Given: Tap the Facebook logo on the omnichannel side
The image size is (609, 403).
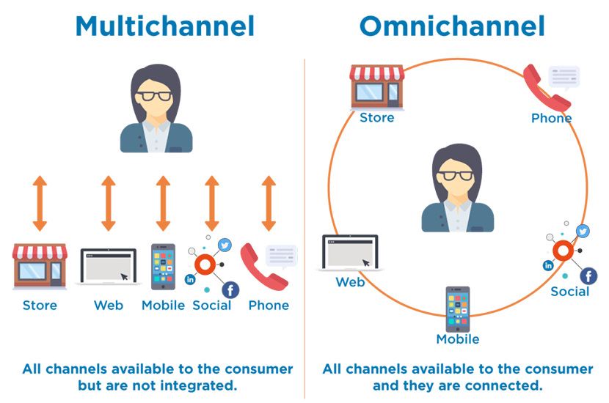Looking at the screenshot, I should [x=588, y=276].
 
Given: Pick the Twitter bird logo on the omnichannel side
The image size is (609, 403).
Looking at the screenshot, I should [x=583, y=232].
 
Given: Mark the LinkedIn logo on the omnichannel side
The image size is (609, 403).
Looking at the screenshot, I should [x=549, y=265].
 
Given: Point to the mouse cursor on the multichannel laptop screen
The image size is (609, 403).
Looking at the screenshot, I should [x=124, y=276].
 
